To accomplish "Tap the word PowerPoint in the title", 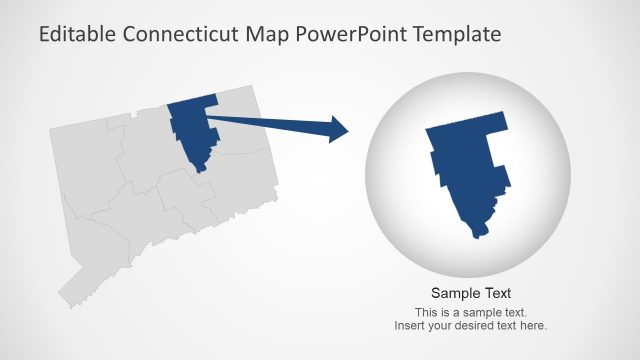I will tap(356, 35).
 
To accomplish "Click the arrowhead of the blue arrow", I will tap(337, 129).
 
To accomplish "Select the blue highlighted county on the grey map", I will tap(191, 128).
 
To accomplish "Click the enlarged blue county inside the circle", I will tap(467, 170).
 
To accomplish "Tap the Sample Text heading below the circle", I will tap(471, 293).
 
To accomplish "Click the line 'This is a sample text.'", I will tap(471, 313).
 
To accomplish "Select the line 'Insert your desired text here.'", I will tap(471, 326).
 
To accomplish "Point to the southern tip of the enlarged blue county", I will tap(478, 235).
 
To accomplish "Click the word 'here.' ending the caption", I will tap(534, 326).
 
